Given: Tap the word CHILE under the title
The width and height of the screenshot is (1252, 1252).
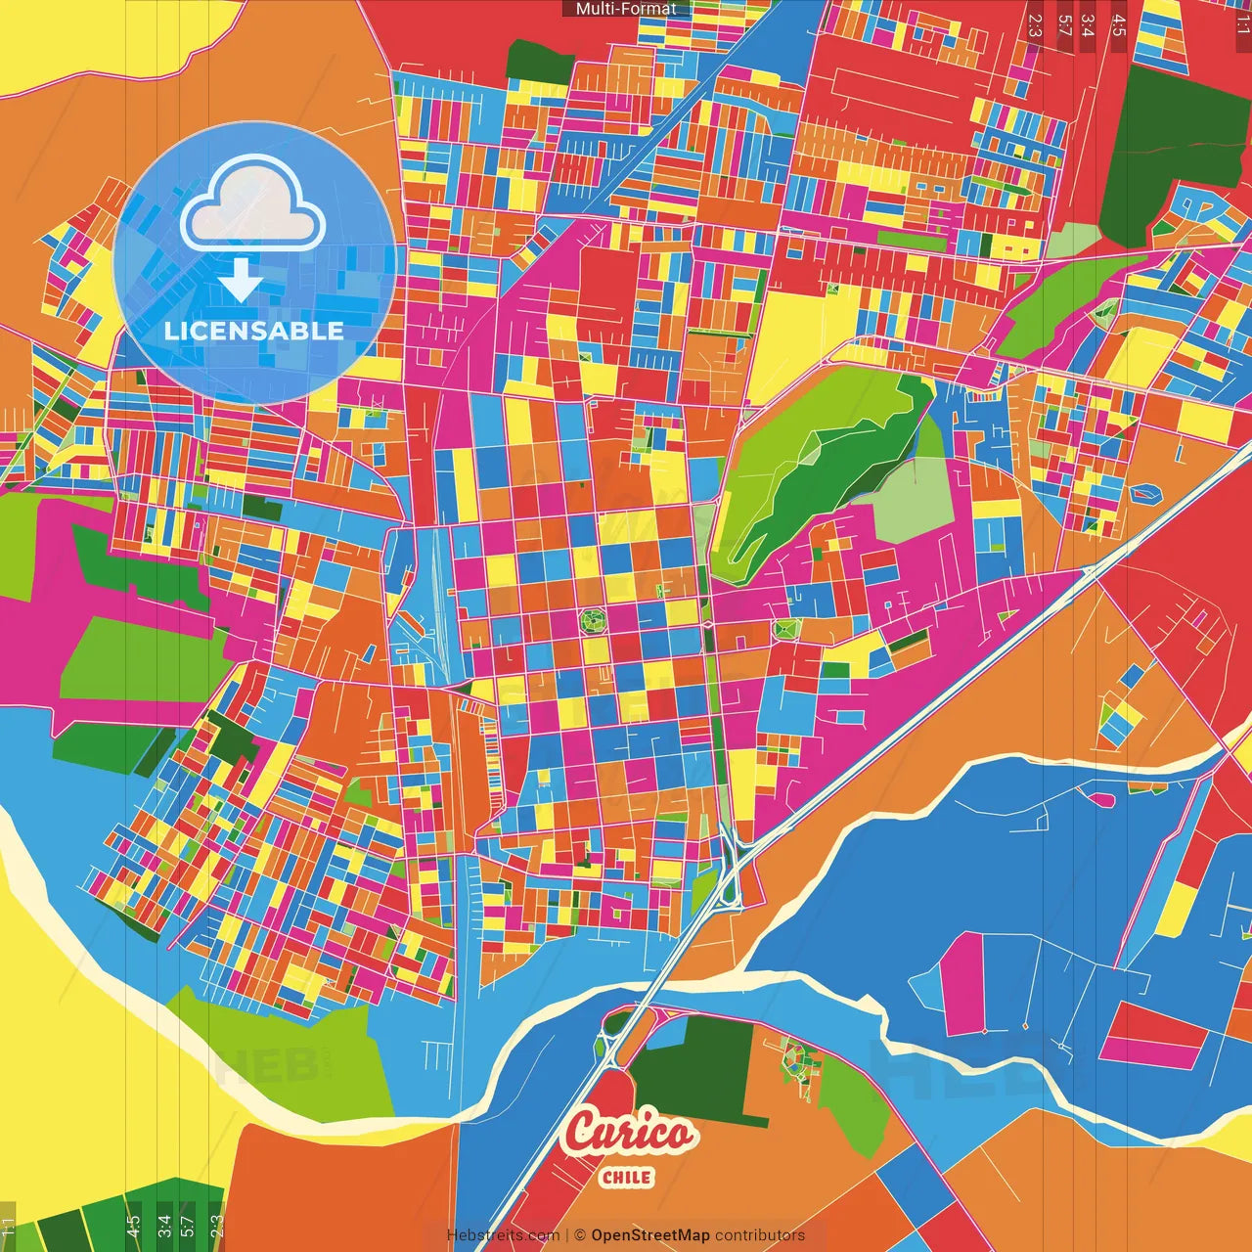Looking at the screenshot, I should point(627,1177).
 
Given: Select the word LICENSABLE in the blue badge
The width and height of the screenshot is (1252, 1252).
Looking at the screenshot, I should point(253,331).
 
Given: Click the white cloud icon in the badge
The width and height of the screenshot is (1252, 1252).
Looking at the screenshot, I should point(252,205).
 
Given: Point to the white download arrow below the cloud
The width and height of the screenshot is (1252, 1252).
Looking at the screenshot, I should point(240,281).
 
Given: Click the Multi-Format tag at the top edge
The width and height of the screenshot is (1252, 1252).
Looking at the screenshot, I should point(626,9).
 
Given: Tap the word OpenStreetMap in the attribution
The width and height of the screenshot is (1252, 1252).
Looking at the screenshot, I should point(649,1235).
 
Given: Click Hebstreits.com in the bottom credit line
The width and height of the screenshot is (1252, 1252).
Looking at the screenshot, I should point(503,1235).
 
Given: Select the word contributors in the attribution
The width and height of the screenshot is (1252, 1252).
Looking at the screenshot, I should point(760,1235).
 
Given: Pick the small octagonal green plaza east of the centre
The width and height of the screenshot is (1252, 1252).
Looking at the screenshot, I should point(782,628).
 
